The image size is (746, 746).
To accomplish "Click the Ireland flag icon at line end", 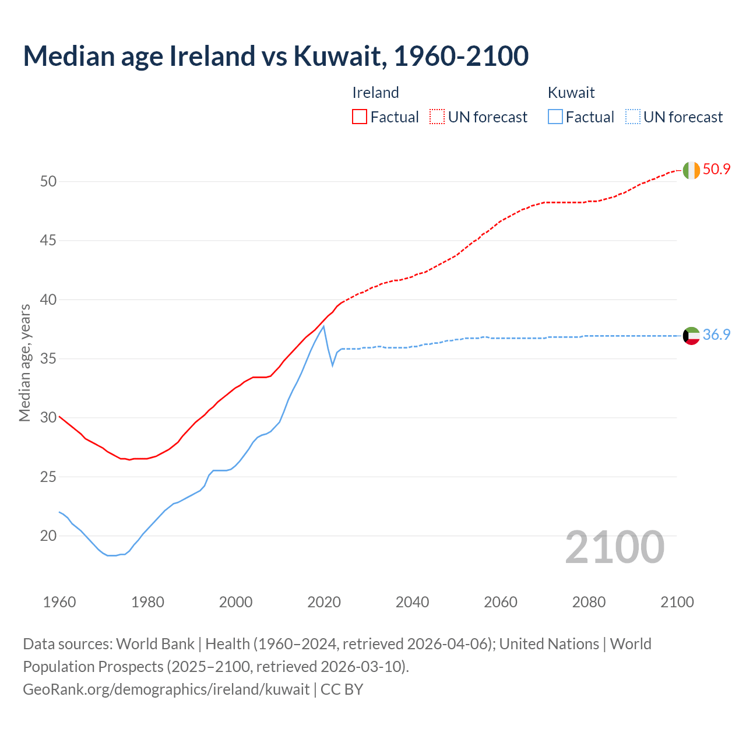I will coord(691,170).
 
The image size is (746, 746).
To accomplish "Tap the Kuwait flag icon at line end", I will coord(691,336).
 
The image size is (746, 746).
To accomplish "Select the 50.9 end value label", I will coord(716,170).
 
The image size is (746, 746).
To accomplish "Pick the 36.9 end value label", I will coord(716,335).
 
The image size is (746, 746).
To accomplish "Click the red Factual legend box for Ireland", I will coord(360,117).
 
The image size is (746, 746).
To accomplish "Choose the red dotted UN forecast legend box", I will coord(437,117).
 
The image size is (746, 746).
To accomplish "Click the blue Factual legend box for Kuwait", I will coord(555,117).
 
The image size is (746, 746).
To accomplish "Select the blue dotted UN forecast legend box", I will coord(633,117).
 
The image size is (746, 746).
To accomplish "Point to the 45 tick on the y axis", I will coord(48,241).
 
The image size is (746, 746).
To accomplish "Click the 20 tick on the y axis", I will coord(48,536).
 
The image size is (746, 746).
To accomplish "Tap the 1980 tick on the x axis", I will coord(147,602).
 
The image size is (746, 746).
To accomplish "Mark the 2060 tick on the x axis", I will coord(501,602).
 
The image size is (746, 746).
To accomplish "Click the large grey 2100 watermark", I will coord(615,547).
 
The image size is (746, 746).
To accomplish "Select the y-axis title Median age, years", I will coord(24,363).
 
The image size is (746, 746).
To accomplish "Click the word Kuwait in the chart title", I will coord(339,56).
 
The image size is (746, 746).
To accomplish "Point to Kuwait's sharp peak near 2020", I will coord(323,326).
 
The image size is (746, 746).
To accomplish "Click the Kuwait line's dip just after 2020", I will coord(333,365).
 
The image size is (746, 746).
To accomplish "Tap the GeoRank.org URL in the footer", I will coord(166,689).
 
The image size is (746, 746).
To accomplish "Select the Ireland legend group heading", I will coord(375,93).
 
